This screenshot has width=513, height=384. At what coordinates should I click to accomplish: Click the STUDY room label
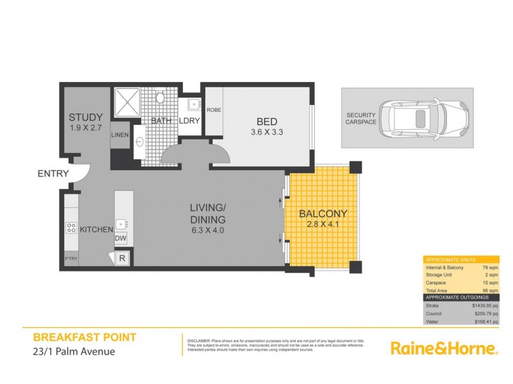click(x=86, y=117)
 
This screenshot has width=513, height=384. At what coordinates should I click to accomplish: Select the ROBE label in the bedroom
click(x=213, y=109)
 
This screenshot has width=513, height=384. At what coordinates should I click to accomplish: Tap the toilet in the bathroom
click(x=161, y=100)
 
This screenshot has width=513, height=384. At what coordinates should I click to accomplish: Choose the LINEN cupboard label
click(x=119, y=135)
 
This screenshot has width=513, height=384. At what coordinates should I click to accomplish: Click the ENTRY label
click(x=54, y=173)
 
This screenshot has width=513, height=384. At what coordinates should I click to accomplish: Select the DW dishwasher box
click(x=120, y=238)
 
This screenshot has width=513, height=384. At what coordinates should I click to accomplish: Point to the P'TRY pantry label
click(x=70, y=259)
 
